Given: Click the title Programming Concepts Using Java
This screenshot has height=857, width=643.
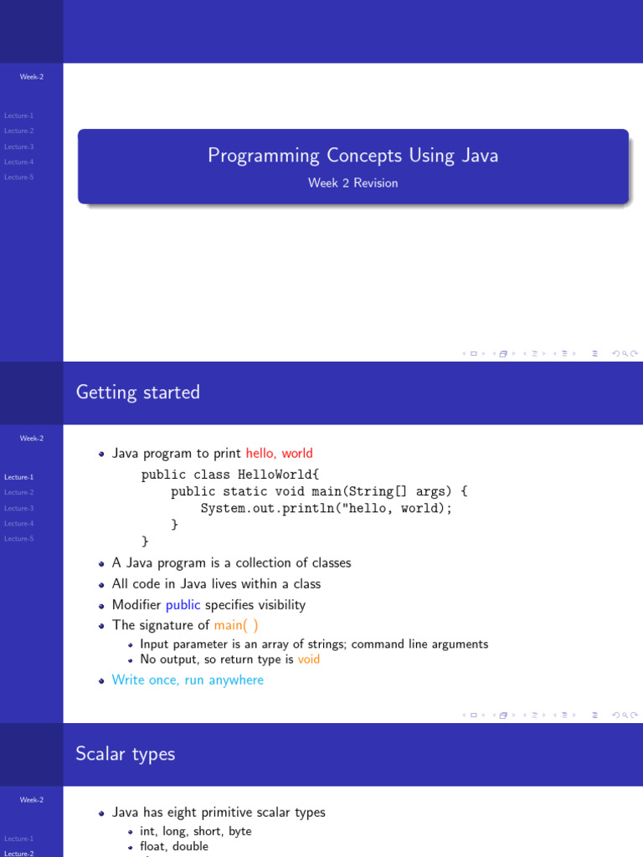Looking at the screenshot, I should [x=352, y=156].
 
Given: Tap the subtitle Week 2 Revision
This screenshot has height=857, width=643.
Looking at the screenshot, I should [x=352, y=183].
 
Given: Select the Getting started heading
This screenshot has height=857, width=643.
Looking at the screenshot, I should [x=138, y=392].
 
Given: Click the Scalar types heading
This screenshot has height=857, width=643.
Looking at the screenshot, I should [x=126, y=753].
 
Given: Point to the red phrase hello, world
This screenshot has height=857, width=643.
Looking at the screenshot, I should [x=280, y=454].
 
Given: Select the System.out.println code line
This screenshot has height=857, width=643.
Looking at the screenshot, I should [x=326, y=508].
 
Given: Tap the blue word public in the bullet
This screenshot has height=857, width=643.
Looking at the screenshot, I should [x=183, y=605].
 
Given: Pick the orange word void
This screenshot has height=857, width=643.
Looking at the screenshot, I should [x=309, y=659].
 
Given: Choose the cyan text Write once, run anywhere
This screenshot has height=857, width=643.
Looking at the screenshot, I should [x=188, y=680].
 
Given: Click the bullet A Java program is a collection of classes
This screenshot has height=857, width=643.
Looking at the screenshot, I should [x=231, y=562].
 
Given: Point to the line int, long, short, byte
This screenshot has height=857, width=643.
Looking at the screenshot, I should [x=195, y=831].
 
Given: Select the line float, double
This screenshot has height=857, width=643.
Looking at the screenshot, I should [x=174, y=846].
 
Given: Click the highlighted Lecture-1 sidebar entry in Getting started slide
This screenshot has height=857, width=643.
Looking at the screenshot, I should [x=19, y=477].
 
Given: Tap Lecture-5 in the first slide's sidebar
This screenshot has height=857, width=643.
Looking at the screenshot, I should [x=19, y=177].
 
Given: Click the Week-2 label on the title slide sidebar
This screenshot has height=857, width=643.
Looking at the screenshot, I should [x=32, y=77].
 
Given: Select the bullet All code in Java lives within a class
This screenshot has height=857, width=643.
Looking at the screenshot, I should [x=216, y=584].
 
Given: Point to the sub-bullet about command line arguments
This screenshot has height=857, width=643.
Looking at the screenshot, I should [x=314, y=644].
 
